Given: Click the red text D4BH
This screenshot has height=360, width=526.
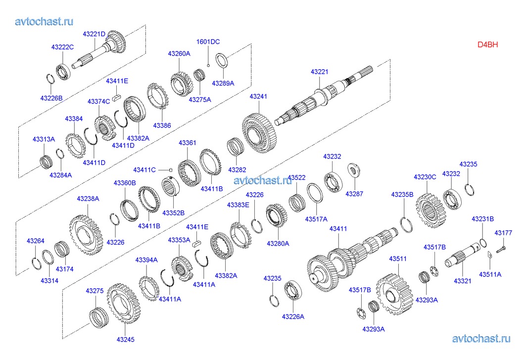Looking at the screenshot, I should coord(487,44).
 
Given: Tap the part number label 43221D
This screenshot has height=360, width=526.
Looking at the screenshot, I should coord(94,34).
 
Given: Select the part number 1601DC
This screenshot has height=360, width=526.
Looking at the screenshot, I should coord(208,42).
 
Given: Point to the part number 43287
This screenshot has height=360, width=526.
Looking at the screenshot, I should coord(354,194).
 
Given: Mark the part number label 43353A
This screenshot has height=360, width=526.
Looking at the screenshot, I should coord(179,240).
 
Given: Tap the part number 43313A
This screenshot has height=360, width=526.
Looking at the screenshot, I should coord(44,139).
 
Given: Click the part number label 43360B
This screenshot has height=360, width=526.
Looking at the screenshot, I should coord(125,183).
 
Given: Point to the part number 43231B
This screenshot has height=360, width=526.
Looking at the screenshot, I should coord(482,218).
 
